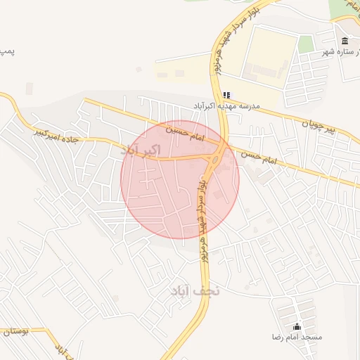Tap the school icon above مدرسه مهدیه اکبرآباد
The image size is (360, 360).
click(226, 95)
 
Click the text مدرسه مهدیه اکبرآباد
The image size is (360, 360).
click(226, 105)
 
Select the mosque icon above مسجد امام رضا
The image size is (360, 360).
click(297, 326)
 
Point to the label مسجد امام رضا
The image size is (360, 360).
click(297, 337)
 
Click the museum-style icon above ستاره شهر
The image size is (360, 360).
click(344, 41)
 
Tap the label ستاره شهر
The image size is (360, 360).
click(338, 51)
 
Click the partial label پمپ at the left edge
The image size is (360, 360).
click(7, 51)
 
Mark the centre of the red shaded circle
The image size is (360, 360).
click(180, 179)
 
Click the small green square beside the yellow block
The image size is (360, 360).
click(305, 44)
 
